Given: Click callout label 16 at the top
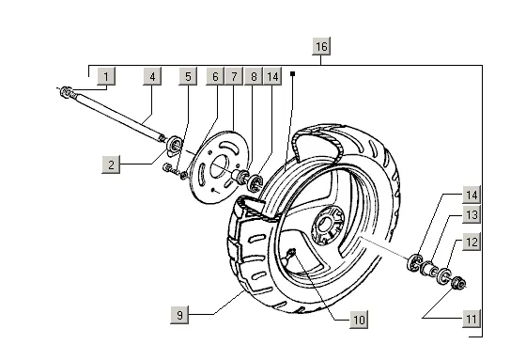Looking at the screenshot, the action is pos(321,46).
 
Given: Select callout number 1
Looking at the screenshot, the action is pos(106,76).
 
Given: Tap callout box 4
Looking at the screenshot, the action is pos(152,76).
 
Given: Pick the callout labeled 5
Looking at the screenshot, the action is pos(188,76).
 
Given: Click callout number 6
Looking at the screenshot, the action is pos(215,76).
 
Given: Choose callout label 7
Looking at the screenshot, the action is pos(234,76).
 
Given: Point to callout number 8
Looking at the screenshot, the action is pos(254,76).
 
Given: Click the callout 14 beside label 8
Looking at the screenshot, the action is pos(272,76).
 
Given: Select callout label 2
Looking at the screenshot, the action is pos(111,164).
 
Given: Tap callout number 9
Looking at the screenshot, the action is pos(179,315).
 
